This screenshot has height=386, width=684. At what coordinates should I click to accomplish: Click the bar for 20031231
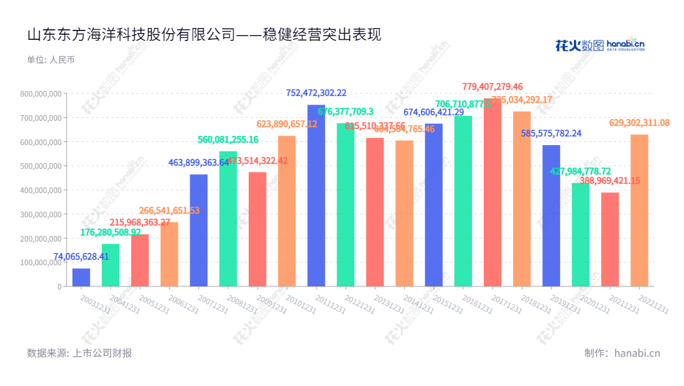coord(81,278)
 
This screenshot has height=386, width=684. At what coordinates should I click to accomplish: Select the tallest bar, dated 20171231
coord(492,193)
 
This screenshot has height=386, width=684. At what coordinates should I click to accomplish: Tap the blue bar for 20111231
coord(316,196)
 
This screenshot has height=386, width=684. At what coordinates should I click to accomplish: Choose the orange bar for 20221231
coord(639,210)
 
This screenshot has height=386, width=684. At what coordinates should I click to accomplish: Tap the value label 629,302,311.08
coord(639,123)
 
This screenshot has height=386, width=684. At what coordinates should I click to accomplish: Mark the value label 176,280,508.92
coord(111,232)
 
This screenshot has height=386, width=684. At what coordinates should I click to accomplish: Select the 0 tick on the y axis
coord(60,286)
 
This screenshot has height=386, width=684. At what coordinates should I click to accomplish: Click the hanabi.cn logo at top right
coord(599,45)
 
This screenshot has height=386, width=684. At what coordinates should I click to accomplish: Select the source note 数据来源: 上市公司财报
coord(79,353)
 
